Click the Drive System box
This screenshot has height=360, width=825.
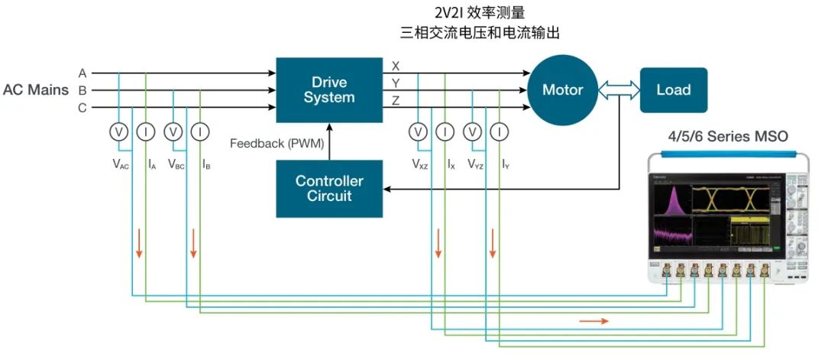point(329,89)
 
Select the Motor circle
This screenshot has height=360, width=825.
point(562,89)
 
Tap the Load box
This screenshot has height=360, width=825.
point(673,89)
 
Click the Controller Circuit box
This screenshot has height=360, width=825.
point(329,188)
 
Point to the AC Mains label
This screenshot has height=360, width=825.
point(36,90)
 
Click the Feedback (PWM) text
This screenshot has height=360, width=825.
point(276,143)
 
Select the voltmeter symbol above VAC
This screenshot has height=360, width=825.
point(118,132)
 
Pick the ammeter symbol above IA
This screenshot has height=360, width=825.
point(145,132)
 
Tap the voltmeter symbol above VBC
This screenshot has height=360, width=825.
point(173,132)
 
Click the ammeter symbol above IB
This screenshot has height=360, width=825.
point(200,132)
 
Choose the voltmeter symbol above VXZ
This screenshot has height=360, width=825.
point(418,132)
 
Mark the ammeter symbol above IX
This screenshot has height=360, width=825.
point(445,132)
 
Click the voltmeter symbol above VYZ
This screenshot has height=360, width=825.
point(473,132)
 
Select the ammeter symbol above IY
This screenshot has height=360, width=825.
point(500,132)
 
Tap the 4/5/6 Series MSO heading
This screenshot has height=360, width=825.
point(728,136)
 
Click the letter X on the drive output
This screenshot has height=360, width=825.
point(395,66)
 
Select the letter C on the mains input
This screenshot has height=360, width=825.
point(82,108)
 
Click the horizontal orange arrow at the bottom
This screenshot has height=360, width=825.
point(594,321)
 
